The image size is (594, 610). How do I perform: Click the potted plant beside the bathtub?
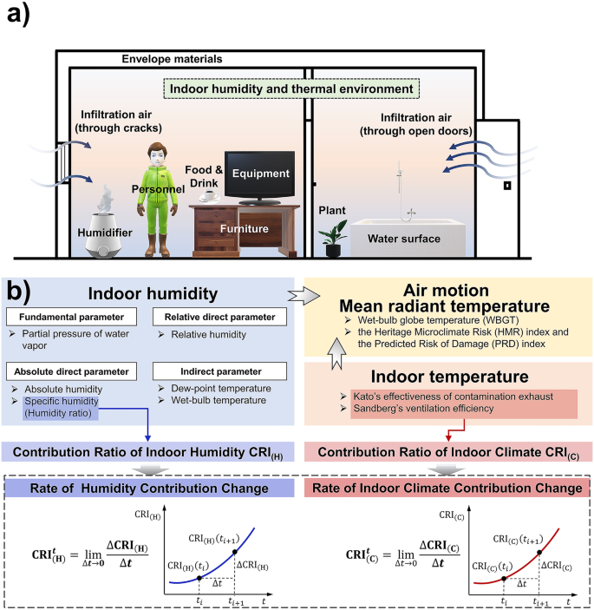(330, 239)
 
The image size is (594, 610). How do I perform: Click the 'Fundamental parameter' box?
(68, 316)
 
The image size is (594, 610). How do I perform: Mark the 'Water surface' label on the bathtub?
(403, 237)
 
